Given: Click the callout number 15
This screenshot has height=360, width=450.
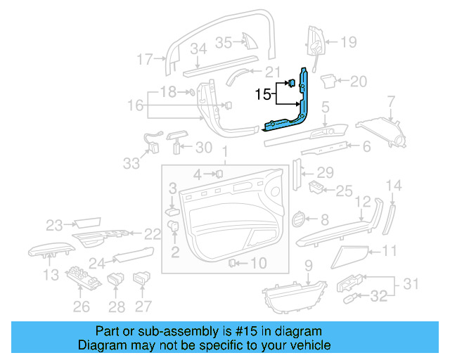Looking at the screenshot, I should [x=263, y=94].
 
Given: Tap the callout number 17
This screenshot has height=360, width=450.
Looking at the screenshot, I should [x=144, y=60].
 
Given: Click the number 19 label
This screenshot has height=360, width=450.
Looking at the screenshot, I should [x=349, y=42].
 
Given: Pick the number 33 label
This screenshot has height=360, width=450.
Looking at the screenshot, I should [x=131, y=163].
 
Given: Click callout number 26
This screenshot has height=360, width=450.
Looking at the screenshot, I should [x=82, y=307].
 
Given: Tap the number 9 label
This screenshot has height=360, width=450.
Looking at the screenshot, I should [x=308, y=265].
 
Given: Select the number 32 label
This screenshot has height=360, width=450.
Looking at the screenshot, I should [x=379, y=297].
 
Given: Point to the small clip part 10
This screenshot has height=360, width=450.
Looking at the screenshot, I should [x=231, y=263].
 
